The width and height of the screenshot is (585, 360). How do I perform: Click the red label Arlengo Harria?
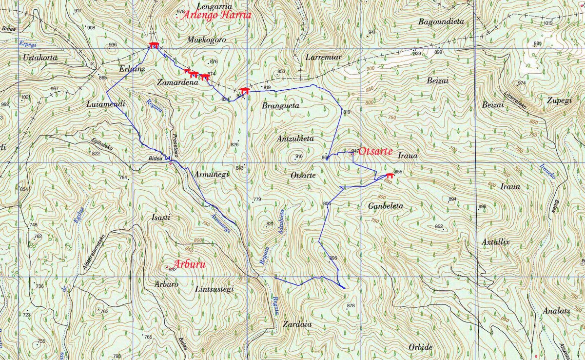tap(216, 15)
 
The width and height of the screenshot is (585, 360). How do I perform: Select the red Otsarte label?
tap(375, 151)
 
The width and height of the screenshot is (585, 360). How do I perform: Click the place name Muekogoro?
tap(206, 40)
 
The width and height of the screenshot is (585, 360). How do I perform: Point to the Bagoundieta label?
tap(441, 21)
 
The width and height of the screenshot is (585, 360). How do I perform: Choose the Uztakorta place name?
tap(40, 58)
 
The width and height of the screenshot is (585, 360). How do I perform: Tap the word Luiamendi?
tap(105, 104)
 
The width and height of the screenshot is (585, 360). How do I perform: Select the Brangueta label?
tap(280, 105)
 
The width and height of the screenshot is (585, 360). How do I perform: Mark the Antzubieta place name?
tap(295, 139)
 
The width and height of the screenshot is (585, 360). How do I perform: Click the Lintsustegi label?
tap(214, 289)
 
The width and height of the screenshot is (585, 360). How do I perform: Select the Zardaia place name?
tap(296, 324)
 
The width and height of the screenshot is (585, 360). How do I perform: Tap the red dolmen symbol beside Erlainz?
tap(154, 45)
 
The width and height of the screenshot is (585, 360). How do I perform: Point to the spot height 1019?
tap(548, 23)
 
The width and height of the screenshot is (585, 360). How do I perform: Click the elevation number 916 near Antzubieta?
tap(299, 156)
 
